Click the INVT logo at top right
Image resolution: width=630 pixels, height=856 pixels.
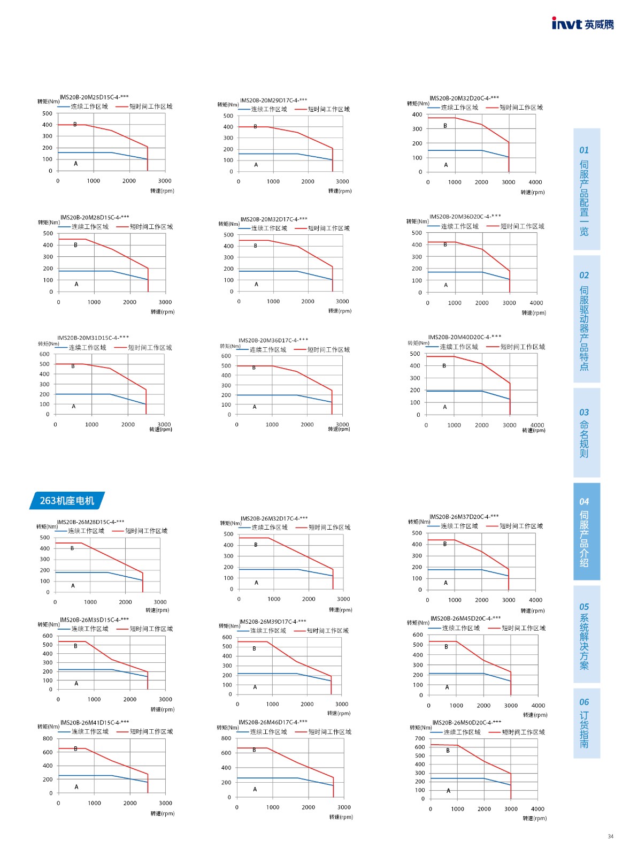(x=582, y=24)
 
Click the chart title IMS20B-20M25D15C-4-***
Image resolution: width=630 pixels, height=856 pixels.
(x=94, y=97)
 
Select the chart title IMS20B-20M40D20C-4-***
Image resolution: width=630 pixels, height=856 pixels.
(x=464, y=337)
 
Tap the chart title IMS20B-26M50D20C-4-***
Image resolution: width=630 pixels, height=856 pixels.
(x=466, y=722)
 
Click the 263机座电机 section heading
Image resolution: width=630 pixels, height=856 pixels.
(x=67, y=501)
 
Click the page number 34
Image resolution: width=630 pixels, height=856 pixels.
(x=610, y=836)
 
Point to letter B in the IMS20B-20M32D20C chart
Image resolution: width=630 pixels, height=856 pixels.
(x=445, y=126)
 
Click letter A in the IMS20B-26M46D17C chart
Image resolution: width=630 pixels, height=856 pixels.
(x=255, y=789)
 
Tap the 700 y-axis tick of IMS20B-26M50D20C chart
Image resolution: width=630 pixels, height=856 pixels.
(x=420, y=739)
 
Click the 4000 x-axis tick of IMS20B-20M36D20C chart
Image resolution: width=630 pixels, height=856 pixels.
(x=536, y=303)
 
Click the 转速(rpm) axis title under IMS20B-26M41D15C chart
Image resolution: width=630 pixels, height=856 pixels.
(x=163, y=814)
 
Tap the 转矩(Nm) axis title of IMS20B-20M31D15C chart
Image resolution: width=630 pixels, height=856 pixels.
(x=48, y=344)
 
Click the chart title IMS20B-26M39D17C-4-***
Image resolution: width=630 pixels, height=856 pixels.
(x=273, y=622)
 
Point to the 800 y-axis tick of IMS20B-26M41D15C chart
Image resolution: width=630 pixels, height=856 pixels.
(x=48, y=739)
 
